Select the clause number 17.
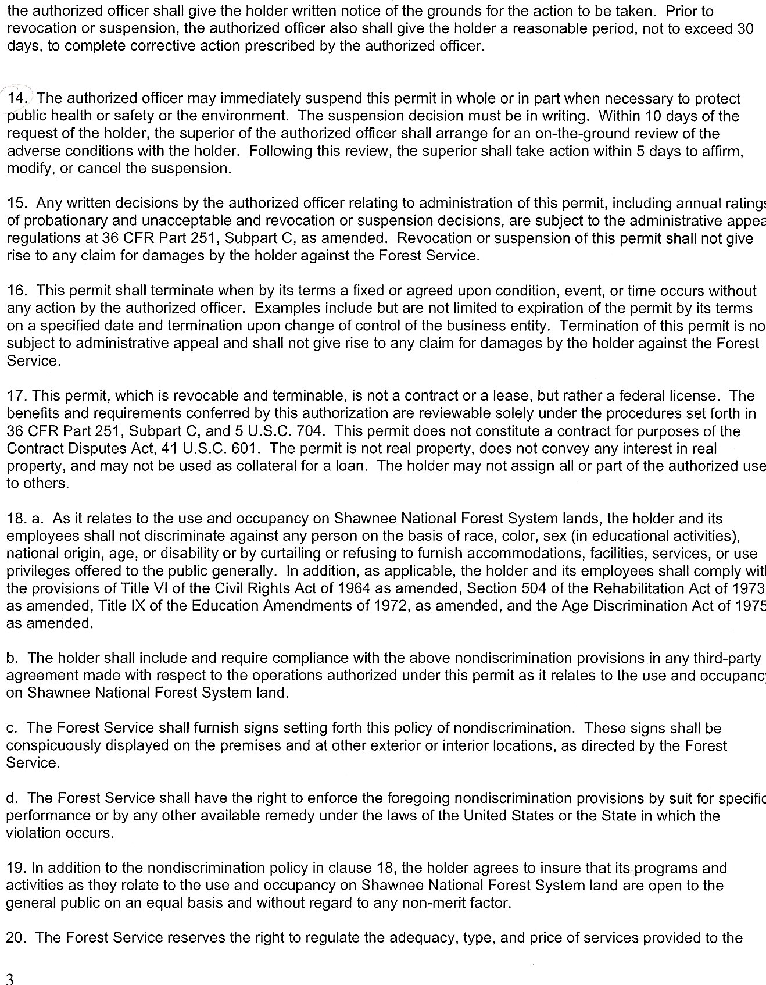[x=17, y=396]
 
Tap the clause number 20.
[x=17, y=937]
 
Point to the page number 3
[x=9, y=977]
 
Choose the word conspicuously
[x=55, y=745]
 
